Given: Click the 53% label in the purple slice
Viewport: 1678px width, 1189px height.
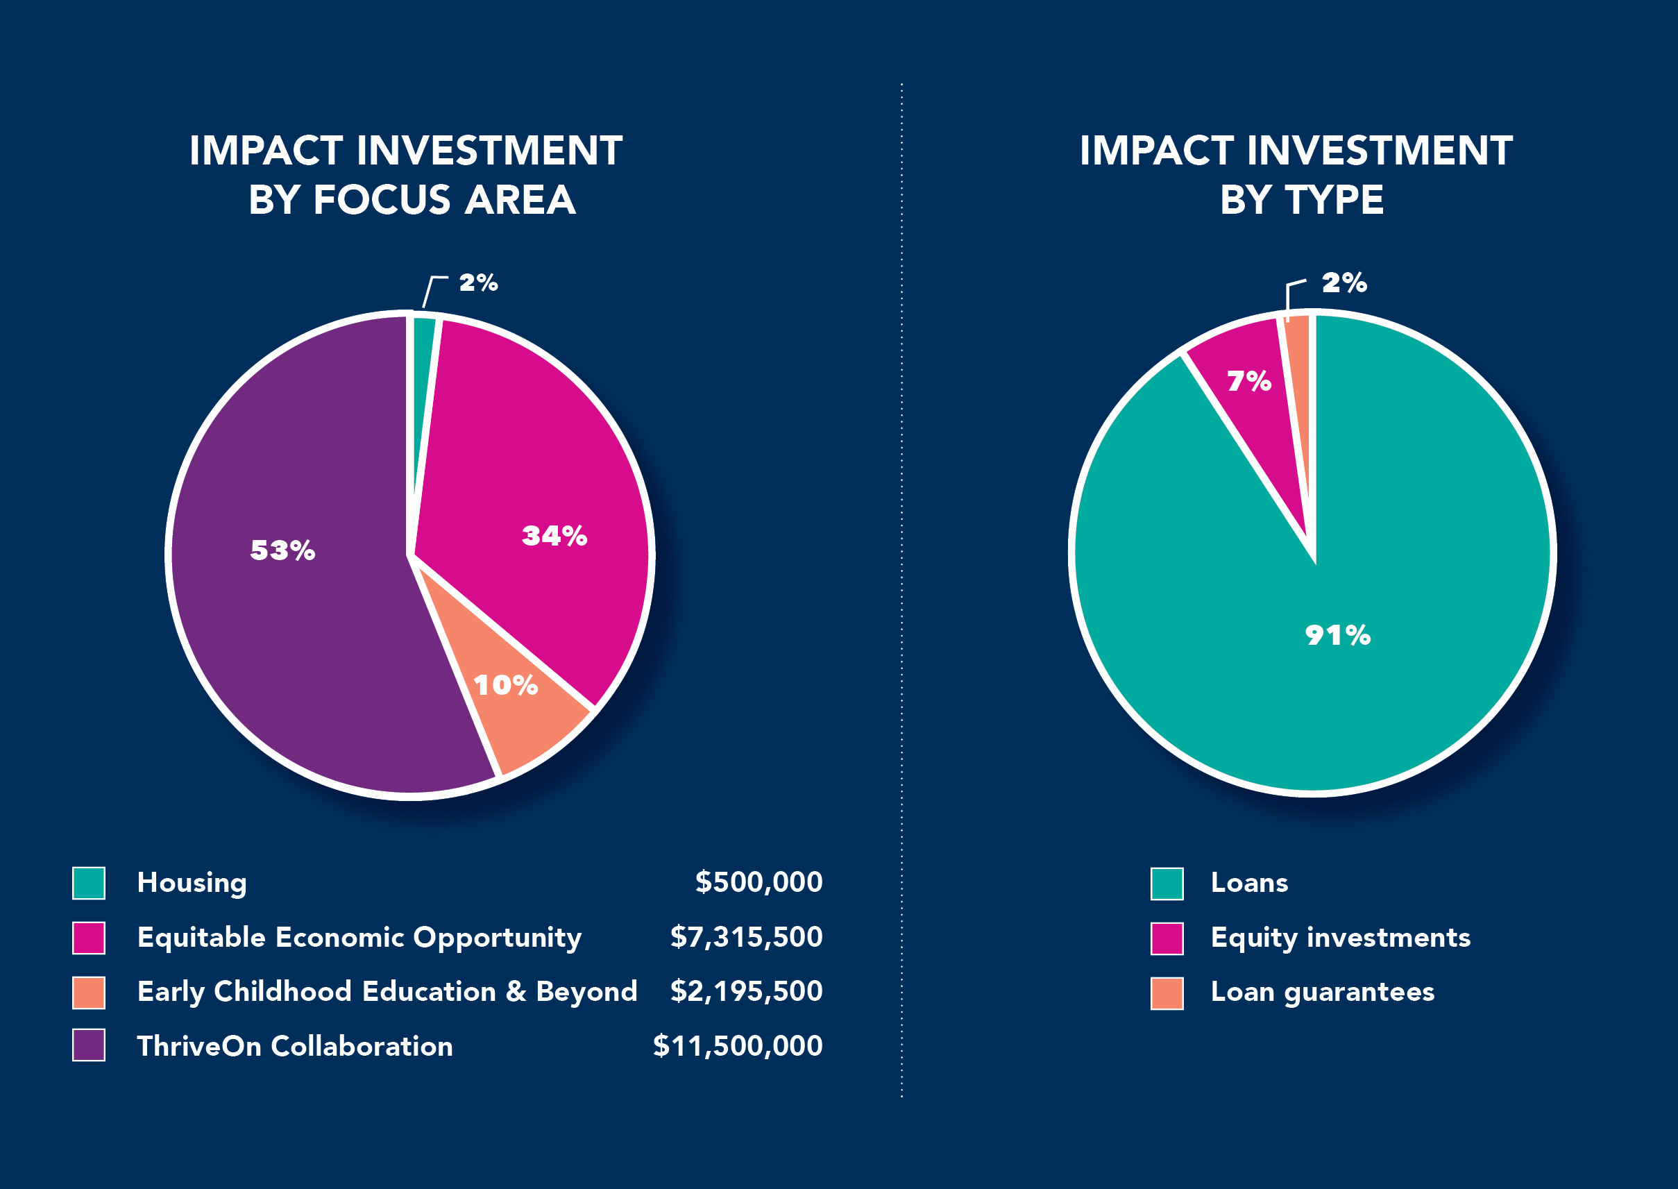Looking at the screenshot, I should [x=282, y=550].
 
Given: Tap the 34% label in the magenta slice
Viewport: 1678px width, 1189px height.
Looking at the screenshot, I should [x=554, y=536].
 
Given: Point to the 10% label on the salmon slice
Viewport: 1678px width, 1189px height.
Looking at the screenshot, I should [x=505, y=685].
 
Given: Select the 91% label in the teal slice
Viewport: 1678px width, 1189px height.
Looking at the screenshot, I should [x=1338, y=635].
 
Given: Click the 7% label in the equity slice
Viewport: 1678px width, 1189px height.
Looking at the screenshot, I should [x=1248, y=380].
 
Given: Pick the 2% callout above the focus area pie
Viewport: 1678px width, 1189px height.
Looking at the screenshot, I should [x=478, y=283].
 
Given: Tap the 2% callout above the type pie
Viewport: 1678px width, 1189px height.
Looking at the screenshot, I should [x=1344, y=283].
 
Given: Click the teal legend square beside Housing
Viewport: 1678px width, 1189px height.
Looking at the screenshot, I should [x=89, y=883].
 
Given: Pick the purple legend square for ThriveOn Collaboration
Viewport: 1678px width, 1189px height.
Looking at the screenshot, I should [x=89, y=1045].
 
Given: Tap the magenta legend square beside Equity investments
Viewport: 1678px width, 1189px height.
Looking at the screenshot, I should [x=1167, y=938].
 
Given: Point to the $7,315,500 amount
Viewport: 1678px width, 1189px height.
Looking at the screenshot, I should [x=746, y=937].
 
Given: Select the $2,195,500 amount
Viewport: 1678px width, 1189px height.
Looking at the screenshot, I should [x=746, y=991].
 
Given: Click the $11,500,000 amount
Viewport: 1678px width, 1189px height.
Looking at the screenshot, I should [x=737, y=1046].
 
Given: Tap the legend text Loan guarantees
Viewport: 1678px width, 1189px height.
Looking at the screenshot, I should [x=1321, y=992].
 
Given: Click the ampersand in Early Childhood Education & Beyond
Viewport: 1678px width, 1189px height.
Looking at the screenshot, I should [x=516, y=991].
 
